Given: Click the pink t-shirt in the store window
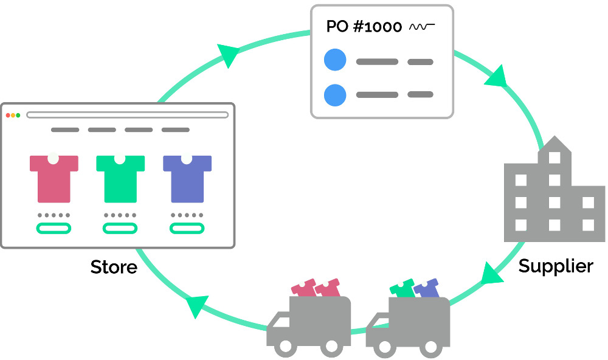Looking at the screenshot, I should [x=54, y=179].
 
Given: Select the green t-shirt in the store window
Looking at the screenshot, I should [x=120, y=179].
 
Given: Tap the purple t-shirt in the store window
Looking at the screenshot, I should [x=187, y=179].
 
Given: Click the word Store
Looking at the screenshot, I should [x=114, y=267].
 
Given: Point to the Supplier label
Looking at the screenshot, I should [x=556, y=266].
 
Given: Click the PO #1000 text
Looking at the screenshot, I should [x=364, y=27].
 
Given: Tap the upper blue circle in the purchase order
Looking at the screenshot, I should [x=335, y=61].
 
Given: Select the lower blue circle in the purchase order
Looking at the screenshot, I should [x=335, y=94].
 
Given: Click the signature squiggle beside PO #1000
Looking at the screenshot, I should [x=422, y=27].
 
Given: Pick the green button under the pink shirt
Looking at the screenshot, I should [x=54, y=229].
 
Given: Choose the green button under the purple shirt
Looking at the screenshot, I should [x=187, y=229].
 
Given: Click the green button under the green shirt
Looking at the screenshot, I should [x=120, y=229].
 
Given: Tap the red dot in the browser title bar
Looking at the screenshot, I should [x=9, y=115].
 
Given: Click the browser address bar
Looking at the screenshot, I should [x=127, y=115].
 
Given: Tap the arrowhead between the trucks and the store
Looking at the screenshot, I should [x=198, y=305].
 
